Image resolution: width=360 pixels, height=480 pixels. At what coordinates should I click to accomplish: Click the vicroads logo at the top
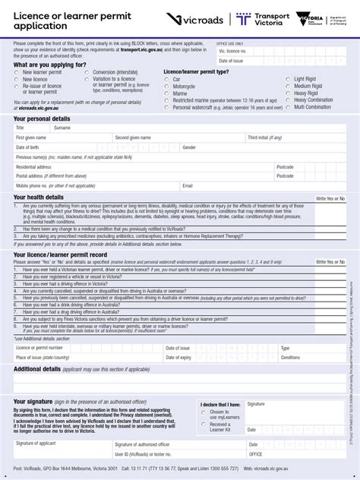click(196, 19)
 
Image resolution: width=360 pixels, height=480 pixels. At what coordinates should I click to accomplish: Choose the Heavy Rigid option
click(288, 93)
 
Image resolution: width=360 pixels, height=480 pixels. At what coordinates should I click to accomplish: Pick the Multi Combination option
click(288, 107)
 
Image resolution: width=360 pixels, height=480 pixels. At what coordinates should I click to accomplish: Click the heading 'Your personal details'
click(42, 119)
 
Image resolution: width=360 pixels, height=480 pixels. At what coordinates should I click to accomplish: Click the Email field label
click(188, 185)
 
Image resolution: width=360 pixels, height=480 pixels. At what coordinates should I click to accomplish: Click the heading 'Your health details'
click(39, 197)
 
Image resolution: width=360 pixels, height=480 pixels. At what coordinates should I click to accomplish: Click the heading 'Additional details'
click(37, 368)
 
